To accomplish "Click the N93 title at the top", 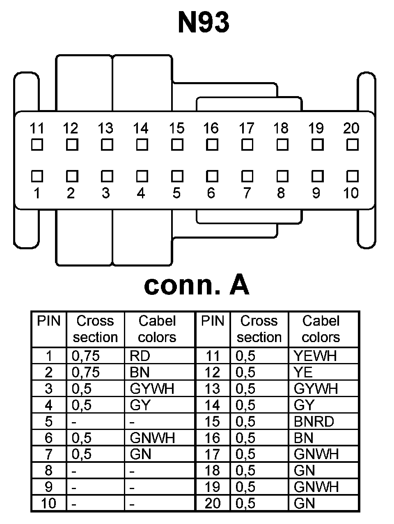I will click(204, 22).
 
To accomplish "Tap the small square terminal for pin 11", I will click(37, 145).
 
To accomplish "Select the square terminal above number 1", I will click(37, 176).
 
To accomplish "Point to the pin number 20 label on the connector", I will click(351, 129).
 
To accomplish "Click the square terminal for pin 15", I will click(177, 145).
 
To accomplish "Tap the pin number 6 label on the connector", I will click(211, 193).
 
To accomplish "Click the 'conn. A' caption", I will click(197, 285).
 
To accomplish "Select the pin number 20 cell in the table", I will click(212, 503).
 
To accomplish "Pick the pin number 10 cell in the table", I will click(48, 503).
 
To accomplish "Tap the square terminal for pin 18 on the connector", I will click(282, 145).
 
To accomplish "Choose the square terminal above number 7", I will click(247, 176).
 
